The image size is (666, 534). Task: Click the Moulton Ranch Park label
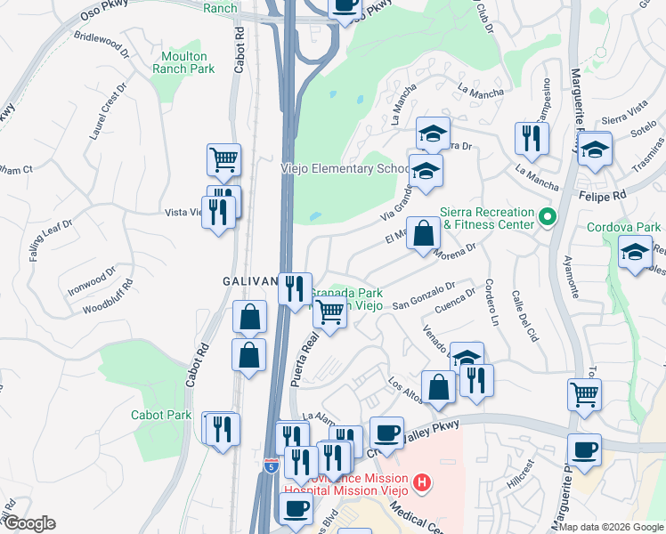183,62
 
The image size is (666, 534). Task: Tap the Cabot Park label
161,415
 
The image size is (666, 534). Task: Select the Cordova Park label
623,227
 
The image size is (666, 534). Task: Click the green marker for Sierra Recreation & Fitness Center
548,215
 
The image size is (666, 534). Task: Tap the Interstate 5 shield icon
271,465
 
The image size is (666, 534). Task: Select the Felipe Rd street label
608,193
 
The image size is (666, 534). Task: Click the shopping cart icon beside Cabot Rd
223,160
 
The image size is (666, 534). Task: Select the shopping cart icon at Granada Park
329,312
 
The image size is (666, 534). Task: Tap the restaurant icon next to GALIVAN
295,288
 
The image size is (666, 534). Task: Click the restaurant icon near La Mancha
532,138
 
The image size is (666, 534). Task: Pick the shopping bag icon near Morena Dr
423,234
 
